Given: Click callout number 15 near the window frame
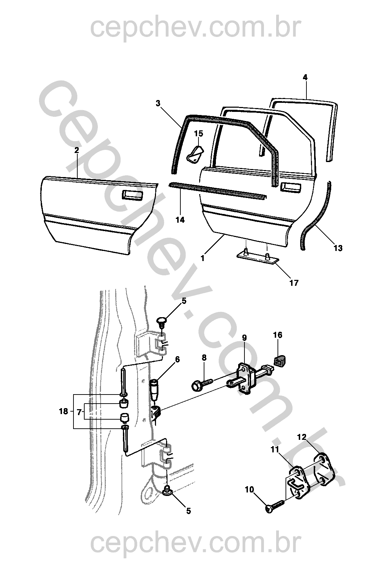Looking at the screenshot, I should click(x=198, y=134).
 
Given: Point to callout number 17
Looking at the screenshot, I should click(x=294, y=283).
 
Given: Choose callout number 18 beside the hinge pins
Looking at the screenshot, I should click(x=63, y=412).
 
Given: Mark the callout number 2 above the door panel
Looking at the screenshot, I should click(x=77, y=150).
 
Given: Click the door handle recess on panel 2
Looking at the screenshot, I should click(x=132, y=195).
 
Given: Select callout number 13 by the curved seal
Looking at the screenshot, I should click(x=338, y=248).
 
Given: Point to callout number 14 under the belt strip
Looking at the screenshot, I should click(x=180, y=220).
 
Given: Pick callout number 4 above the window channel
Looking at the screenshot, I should click(x=305, y=77).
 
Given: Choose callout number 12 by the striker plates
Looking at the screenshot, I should click(x=302, y=436).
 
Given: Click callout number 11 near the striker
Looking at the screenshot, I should click(x=275, y=450).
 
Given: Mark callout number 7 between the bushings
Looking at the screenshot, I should click(x=79, y=412).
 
